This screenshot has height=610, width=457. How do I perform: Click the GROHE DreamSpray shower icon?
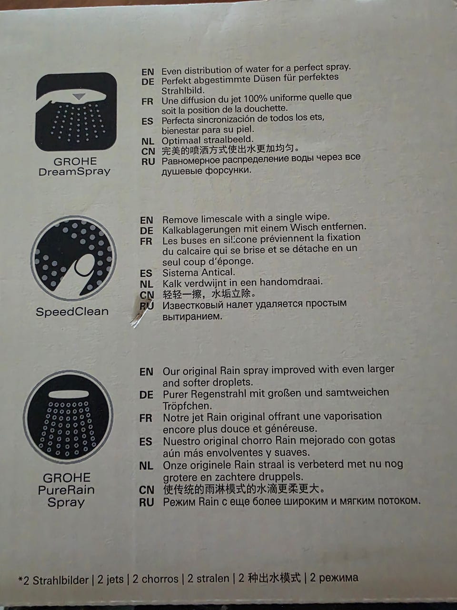(76, 112)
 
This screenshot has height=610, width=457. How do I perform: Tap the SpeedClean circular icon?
(73, 258)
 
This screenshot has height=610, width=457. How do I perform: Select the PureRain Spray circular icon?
(68, 417)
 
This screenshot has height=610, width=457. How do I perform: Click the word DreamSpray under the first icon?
(74, 172)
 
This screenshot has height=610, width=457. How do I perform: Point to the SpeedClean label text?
(72, 312)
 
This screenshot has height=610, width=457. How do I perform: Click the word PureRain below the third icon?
(66, 490)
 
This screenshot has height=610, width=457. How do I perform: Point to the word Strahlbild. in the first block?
(183, 91)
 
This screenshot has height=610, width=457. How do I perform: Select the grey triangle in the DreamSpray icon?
(79, 96)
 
